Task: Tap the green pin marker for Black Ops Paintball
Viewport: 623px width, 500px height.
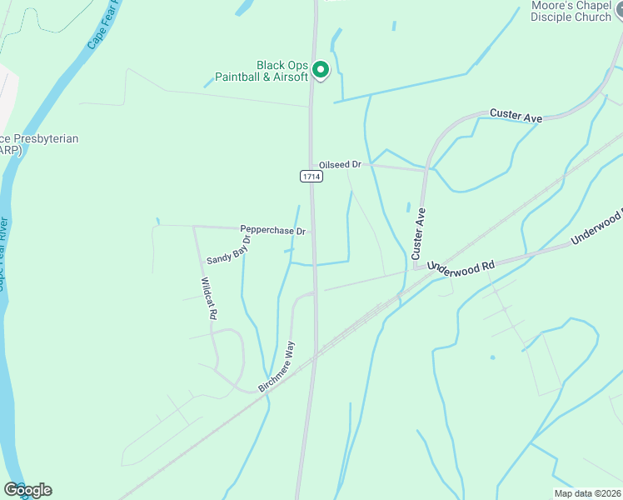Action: [x=321, y=70]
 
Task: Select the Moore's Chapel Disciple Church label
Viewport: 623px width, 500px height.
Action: [x=571, y=11]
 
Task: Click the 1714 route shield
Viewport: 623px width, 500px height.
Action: [x=311, y=177]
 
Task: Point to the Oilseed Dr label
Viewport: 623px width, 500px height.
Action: [x=339, y=165]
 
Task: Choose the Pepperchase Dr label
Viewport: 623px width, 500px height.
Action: [x=273, y=229]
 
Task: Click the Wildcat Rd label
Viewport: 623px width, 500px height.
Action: [x=209, y=298]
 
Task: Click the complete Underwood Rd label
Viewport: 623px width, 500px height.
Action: [x=461, y=265]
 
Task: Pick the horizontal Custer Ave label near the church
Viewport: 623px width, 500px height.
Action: [x=516, y=116]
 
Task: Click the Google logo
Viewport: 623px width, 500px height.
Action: [x=27, y=490]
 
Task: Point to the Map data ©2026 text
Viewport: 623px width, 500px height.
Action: [x=587, y=493]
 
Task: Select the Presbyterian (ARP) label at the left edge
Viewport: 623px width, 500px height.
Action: [x=38, y=144]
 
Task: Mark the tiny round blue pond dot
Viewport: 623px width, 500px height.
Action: [x=492, y=357]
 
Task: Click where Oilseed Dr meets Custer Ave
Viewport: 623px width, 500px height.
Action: [x=426, y=169]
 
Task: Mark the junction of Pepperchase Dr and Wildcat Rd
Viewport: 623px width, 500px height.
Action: [x=194, y=227]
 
